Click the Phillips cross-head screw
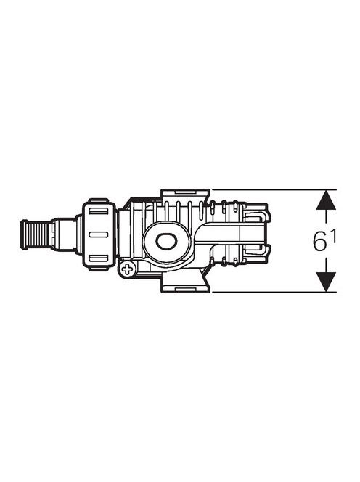click(127, 270)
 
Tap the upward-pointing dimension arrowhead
click(326, 200)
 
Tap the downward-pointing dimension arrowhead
click(326, 282)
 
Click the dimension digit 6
click(320, 241)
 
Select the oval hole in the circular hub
click(166, 241)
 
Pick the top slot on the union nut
click(99, 211)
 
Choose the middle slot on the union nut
click(99, 234)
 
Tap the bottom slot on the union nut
click(99, 258)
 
